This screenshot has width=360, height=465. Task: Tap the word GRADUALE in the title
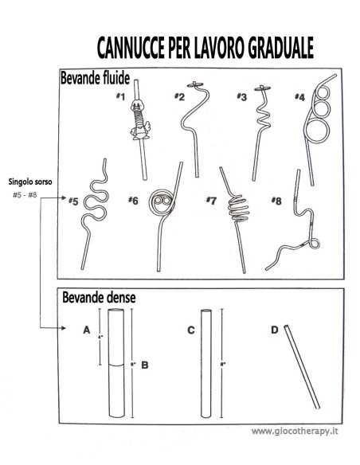click(275, 48)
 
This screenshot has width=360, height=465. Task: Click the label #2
click(179, 98)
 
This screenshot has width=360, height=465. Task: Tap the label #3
click(241, 97)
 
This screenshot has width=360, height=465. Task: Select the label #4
click(299, 98)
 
